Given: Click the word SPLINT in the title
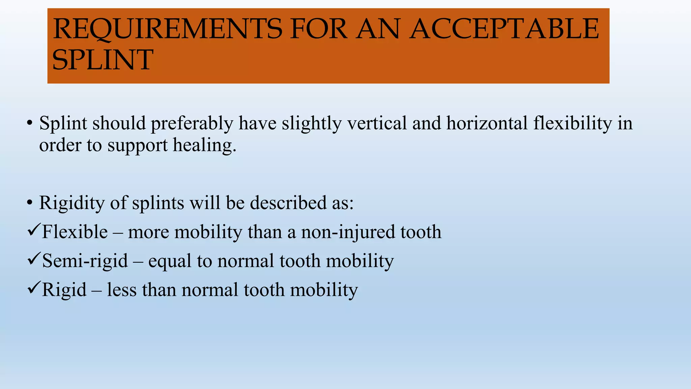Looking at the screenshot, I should point(103,60).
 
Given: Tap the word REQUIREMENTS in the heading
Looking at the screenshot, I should point(167,29).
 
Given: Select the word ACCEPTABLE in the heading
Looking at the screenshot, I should point(504,29).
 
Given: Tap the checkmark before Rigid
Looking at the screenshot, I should point(34,288).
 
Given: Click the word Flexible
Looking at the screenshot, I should point(75,232).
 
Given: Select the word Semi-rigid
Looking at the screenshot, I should point(85,261).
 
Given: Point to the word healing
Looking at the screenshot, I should point(204,145).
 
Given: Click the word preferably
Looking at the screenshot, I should point(192,124).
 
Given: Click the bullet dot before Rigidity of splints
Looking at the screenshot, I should point(30,203).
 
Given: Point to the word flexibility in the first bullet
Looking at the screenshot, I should point(573,124).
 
